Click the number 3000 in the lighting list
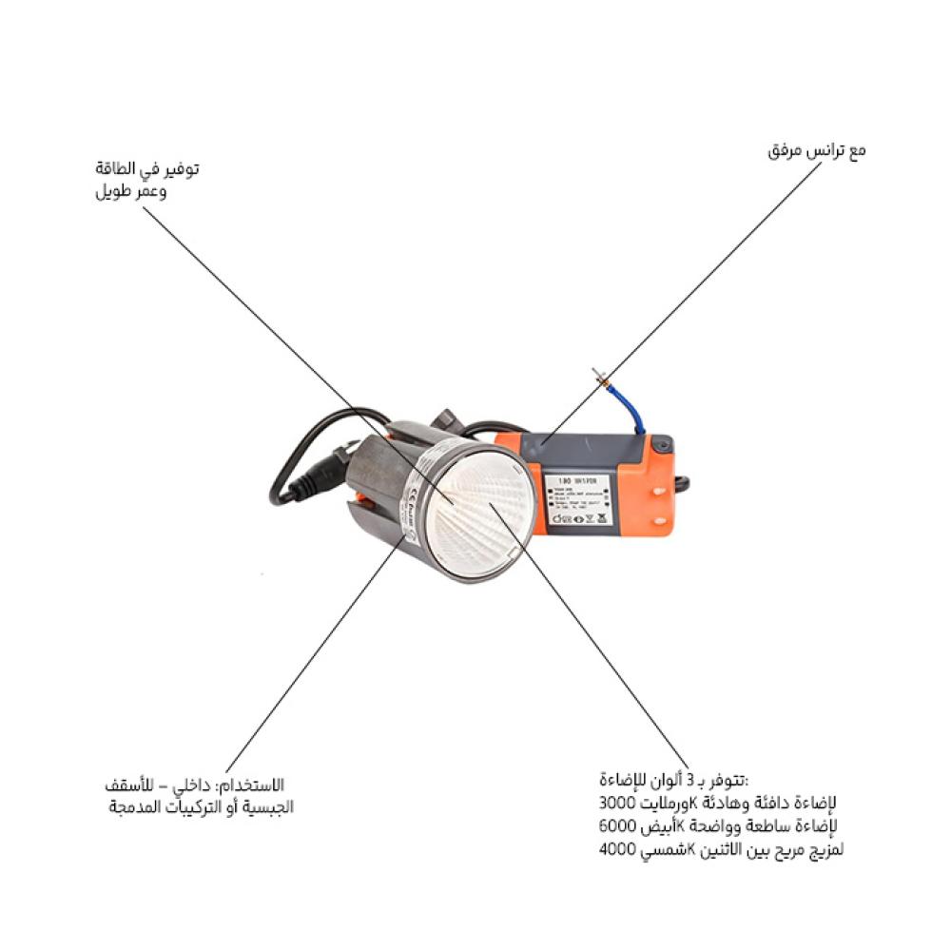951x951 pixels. pos(619,803)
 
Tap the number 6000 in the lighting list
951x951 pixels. pos(619,825)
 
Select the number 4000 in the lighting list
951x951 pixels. pos(619,849)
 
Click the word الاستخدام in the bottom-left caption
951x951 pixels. pos(251,786)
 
